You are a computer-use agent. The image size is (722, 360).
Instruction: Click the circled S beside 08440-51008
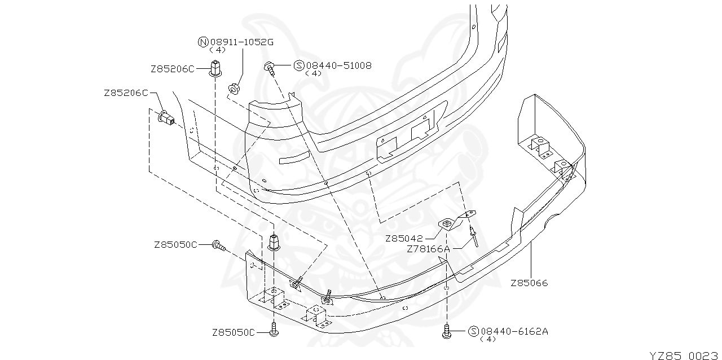pos(300,65)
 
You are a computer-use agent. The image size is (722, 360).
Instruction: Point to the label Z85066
pos(529,283)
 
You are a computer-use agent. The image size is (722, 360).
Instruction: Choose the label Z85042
pos(404,238)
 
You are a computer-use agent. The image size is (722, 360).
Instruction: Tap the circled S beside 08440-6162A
pos(474,331)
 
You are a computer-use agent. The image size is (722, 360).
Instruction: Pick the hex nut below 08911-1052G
pos(232,89)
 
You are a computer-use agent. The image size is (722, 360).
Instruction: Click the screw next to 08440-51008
pos(270,69)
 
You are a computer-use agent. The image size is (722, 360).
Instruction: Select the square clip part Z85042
pos(446,225)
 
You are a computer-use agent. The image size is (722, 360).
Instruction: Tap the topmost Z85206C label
pos(172,69)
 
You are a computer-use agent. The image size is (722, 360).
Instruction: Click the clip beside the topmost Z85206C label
pos(215,67)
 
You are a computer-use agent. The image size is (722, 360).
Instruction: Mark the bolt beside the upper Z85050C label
pos(218,245)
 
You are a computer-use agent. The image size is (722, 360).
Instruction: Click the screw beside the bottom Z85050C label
pos(274,329)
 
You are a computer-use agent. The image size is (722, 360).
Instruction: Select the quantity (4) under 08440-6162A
pos(487,339)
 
